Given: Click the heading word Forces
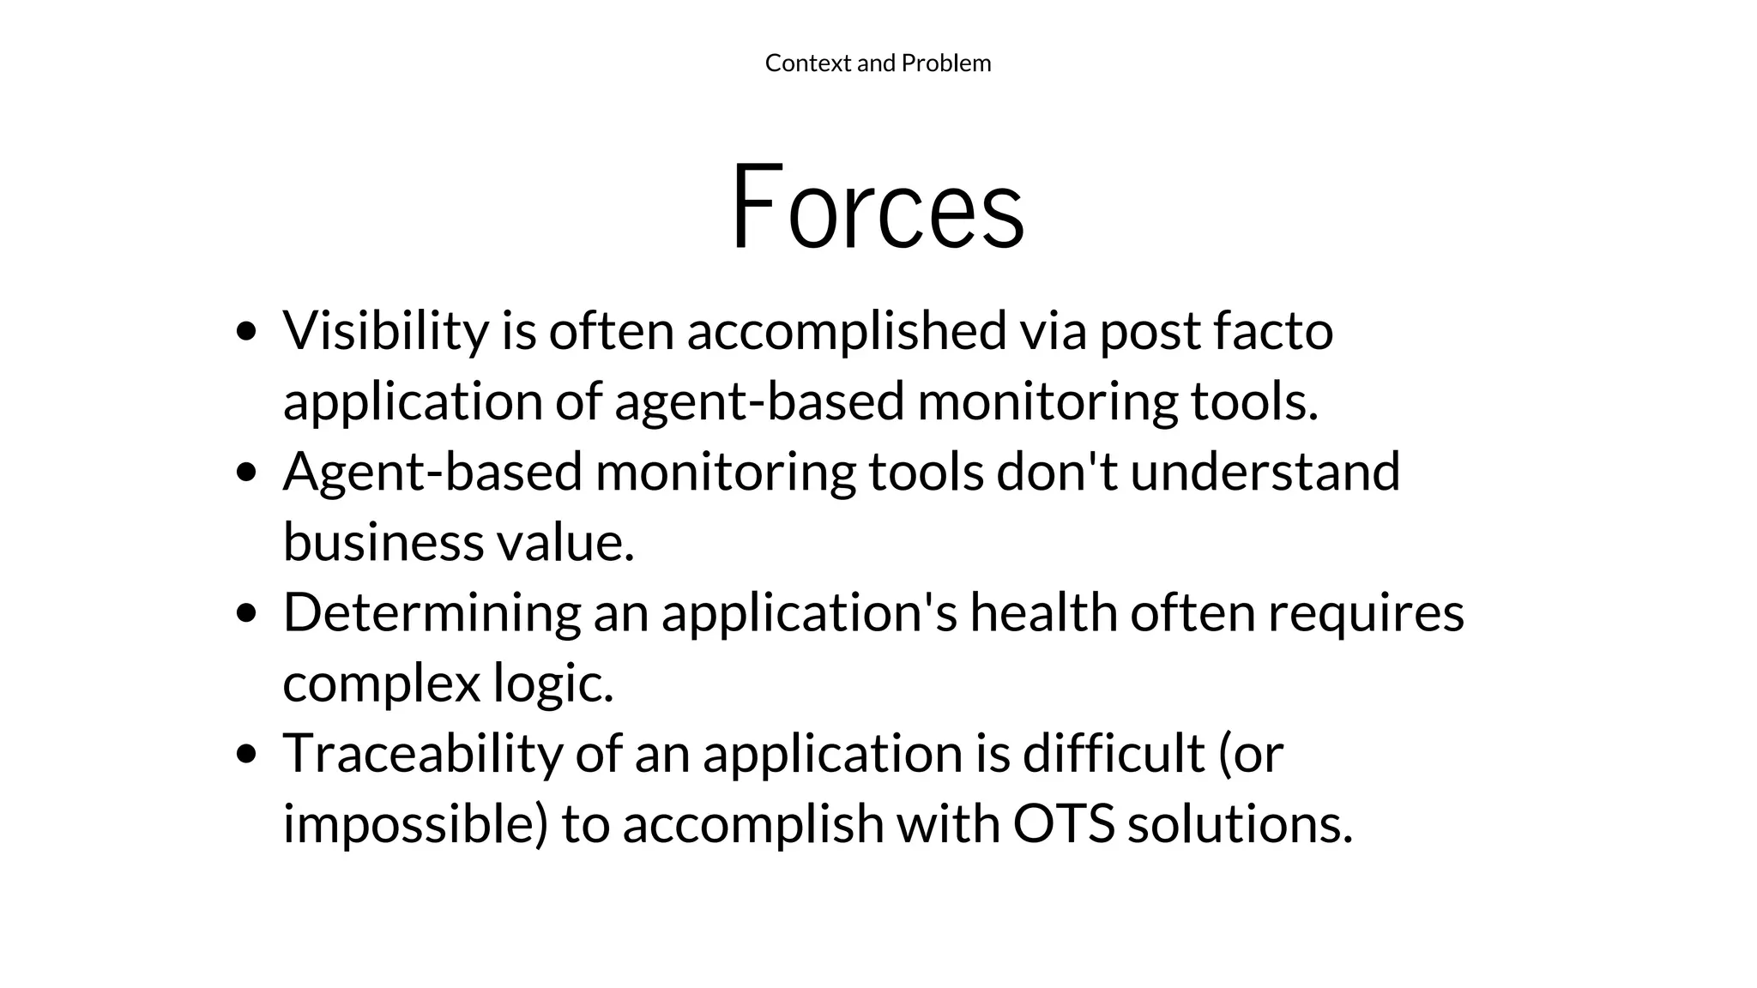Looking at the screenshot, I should tap(877, 208).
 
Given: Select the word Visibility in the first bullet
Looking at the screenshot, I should tap(385, 331).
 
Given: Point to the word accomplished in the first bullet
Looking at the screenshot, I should tap(846, 331).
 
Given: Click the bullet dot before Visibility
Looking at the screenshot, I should tap(247, 332).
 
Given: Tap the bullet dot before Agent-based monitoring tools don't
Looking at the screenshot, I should tap(247, 473).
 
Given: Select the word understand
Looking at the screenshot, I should tap(1265, 472).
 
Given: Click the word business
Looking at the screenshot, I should tap(383, 542).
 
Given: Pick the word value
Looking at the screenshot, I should tap(565, 542).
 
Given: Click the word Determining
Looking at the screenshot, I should tap(432, 613).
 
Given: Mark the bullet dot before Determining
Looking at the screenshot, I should tap(247, 613).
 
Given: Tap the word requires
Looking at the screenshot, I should tap(1366, 614).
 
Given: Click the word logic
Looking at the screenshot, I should tap(553, 684).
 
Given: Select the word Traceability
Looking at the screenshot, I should tap(422, 754).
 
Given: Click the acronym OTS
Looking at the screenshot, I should tap(1064, 823).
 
